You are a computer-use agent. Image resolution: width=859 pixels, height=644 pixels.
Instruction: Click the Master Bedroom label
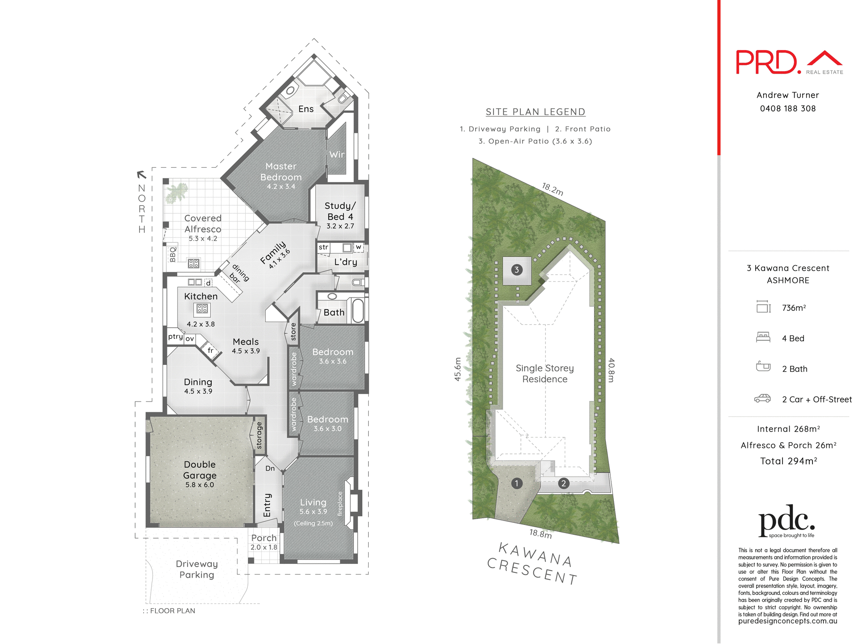tap(281, 172)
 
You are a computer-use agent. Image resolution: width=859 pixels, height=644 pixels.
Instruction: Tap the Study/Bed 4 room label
tap(340, 211)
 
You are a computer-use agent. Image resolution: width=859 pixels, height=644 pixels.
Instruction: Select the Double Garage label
tap(200, 470)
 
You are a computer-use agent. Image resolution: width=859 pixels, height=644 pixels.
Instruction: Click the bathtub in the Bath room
tap(358, 310)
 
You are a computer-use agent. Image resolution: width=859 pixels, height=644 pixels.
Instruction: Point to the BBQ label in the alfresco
tap(173, 254)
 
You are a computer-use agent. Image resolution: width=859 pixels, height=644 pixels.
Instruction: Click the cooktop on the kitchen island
tap(202, 309)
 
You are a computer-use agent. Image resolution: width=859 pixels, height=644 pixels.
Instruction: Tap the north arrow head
tap(141, 174)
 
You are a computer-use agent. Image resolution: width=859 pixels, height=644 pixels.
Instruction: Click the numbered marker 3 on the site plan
tap(517, 270)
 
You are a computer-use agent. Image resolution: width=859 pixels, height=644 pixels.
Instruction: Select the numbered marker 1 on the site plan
tap(517, 483)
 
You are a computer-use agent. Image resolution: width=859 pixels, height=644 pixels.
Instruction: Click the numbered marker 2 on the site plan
tap(564, 483)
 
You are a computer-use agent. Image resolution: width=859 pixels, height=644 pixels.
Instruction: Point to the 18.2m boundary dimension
tap(553, 189)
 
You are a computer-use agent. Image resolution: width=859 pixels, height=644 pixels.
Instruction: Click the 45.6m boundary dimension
tap(458, 369)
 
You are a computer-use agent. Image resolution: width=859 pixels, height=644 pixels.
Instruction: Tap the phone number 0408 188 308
tap(787, 109)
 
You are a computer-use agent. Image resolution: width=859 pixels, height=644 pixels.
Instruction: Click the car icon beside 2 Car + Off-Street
tap(763, 398)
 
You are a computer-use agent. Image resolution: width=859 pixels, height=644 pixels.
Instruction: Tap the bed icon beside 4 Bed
tap(763, 337)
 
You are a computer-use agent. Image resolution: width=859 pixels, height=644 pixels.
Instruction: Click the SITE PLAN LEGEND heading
tap(536, 112)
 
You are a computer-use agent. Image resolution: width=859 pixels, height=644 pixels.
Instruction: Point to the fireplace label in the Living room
tap(340, 504)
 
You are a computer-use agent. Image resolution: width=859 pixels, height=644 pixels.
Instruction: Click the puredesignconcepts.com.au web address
tap(787, 621)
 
